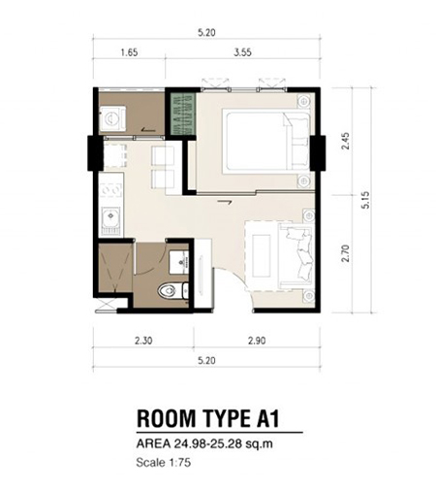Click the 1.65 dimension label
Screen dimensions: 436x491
point(129,52)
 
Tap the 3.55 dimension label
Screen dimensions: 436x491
point(242,52)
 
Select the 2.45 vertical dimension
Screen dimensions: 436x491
point(345,141)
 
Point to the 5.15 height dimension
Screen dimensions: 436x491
point(365,200)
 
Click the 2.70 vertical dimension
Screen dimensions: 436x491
point(345,253)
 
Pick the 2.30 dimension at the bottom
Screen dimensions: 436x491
point(143,341)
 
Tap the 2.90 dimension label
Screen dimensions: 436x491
point(257,341)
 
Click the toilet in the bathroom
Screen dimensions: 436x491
point(172,290)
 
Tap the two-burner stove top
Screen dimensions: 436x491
point(111,190)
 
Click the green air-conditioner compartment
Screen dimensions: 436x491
point(183,114)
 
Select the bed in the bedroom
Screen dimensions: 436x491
point(266,141)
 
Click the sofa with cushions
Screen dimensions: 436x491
point(296,255)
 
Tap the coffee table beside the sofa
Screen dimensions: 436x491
point(262,255)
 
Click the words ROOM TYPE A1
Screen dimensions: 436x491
point(208,418)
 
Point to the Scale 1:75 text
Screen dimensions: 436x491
point(164,463)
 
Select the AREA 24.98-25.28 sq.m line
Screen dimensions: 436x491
point(204,443)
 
